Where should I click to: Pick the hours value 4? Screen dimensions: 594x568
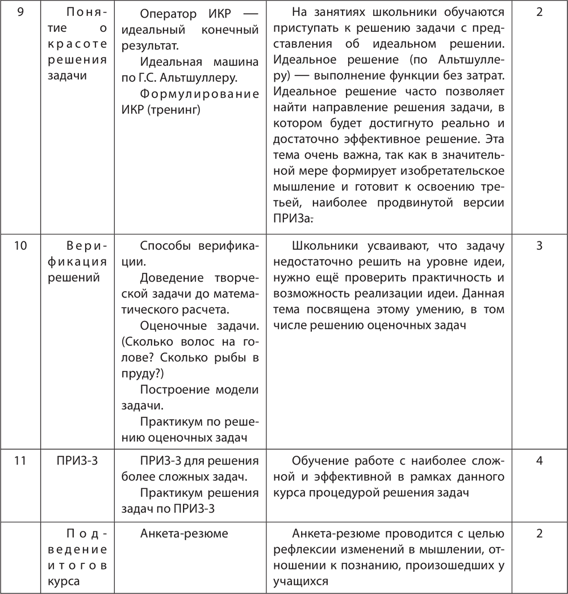click(539, 461)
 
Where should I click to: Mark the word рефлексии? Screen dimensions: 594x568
click(301, 549)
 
